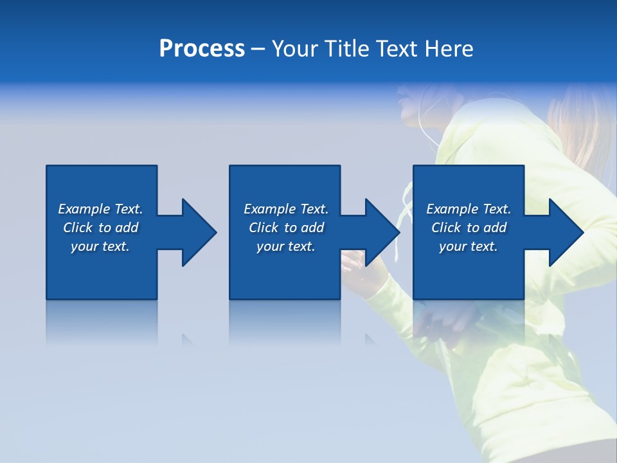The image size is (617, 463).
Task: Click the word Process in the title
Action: click(202, 49)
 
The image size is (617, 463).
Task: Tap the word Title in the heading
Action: click(348, 49)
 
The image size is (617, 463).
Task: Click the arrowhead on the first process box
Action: click(198, 232)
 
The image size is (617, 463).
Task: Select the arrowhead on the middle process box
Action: click(381, 232)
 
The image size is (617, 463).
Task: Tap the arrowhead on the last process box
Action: click(565, 232)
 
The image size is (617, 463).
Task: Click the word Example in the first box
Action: click(84, 209)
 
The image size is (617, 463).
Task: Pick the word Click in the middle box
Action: click(262, 228)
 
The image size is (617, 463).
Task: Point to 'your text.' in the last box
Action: click(469, 246)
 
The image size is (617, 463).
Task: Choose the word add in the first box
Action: click(127, 228)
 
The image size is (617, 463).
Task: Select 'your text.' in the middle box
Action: click(285, 246)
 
